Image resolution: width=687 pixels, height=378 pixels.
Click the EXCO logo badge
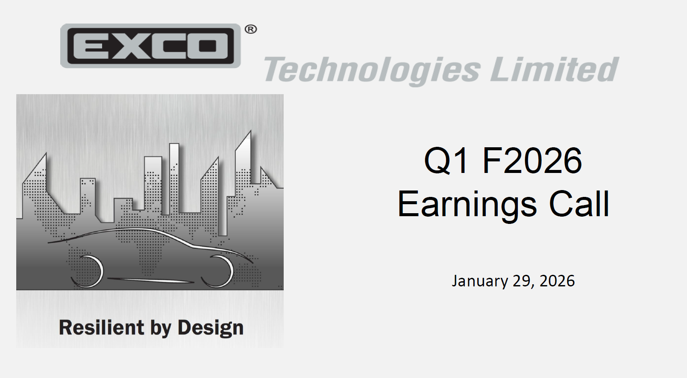point(150,46)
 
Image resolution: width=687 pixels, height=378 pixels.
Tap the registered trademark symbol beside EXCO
point(251,29)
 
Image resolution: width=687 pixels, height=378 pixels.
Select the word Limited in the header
point(554,69)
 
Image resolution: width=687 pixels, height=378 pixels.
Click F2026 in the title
point(532,161)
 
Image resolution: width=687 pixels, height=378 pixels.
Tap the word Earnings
point(467,204)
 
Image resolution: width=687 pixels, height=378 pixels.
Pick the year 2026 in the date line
point(557,281)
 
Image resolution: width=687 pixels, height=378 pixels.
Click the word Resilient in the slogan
point(101,327)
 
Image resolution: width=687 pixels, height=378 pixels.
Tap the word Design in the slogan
point(210,327)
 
